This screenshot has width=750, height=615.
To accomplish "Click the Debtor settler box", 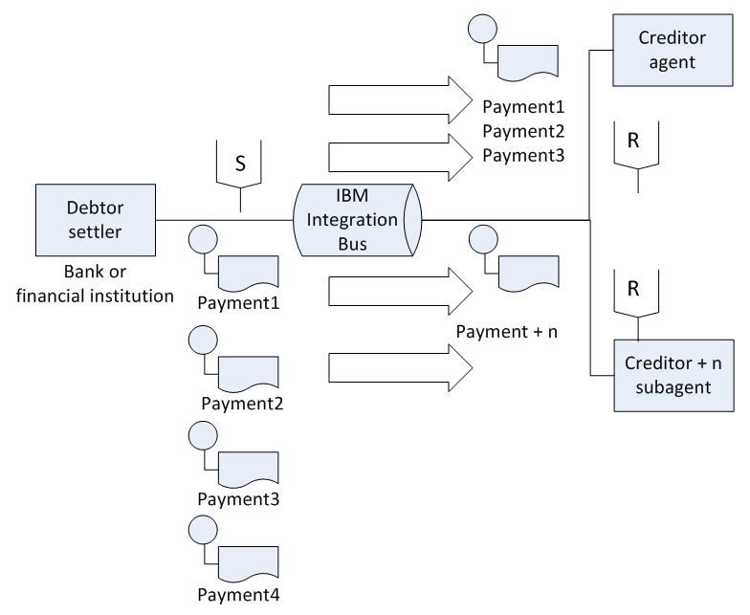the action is [x=96, y=220].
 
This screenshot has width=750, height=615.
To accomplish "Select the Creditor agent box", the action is [x=673, y=50].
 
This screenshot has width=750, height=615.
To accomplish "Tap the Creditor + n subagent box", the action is [x=673, y=375].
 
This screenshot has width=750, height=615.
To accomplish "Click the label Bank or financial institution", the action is [x=95, y=283].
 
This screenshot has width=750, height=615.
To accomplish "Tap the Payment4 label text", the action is [x=238, y=595].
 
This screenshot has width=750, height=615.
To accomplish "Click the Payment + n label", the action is [x=507, y=331].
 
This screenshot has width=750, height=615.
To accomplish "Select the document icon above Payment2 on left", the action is [x=249, y=372].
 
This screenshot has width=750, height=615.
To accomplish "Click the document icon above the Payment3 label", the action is [x=249, y=468].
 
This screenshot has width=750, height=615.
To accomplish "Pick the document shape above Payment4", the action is [x=249, y=562].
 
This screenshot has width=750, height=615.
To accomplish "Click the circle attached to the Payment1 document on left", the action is [x=203, y=239].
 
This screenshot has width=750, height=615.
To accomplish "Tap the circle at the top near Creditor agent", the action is [x=482, y=29].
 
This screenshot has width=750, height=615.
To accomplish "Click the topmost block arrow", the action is [x=400, y=99].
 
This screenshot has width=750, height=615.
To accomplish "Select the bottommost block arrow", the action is [x=400, y=367].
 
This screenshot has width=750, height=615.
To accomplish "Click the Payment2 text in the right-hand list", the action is [x=523, y=131].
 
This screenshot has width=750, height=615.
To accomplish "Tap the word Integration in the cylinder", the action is [x=352, y=220].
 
